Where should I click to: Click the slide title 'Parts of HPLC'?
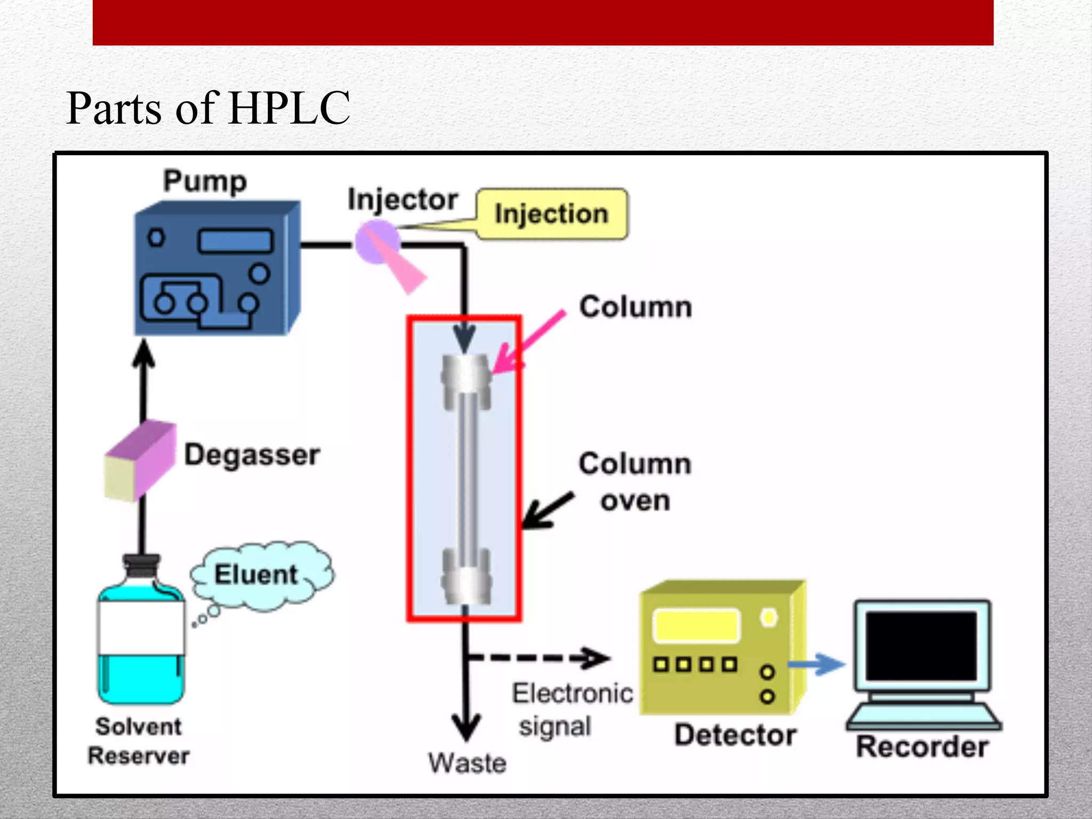(208, 108)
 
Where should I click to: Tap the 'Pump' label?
(205, 181)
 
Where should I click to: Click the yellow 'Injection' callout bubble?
(552, 214)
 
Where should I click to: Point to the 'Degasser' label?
(252, 455)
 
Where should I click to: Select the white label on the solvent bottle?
(141, 628)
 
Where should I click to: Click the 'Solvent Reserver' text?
(139, 741)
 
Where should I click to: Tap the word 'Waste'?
(467, 763)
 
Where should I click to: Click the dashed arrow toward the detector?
(539, 657)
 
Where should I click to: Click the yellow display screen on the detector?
(696, 625)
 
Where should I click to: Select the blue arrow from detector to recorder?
(816, 664)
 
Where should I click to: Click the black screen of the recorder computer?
(921, 646)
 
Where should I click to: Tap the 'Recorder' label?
(922, 746)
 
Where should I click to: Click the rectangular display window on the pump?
(235, 241)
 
